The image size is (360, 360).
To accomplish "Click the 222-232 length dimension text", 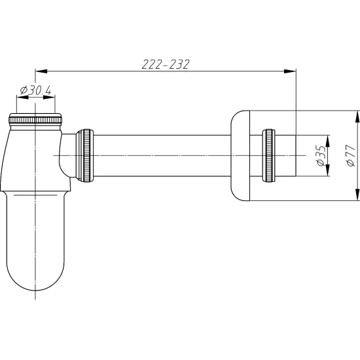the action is pos(166,64).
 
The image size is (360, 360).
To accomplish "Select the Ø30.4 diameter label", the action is pos(35,90).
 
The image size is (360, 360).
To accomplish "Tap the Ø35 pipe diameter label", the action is pos(321,155).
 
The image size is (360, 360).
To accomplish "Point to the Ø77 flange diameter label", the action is pos(351,155).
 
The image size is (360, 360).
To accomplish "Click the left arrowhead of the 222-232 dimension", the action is pos(41,71).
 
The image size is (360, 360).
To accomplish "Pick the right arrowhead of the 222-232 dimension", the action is pos(290,71).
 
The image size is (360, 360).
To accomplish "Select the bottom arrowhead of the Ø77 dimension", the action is pos(357,194).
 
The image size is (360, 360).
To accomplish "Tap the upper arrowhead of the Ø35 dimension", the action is pos(328,141).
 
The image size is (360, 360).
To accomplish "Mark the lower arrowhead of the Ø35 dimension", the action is pos(328,170).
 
